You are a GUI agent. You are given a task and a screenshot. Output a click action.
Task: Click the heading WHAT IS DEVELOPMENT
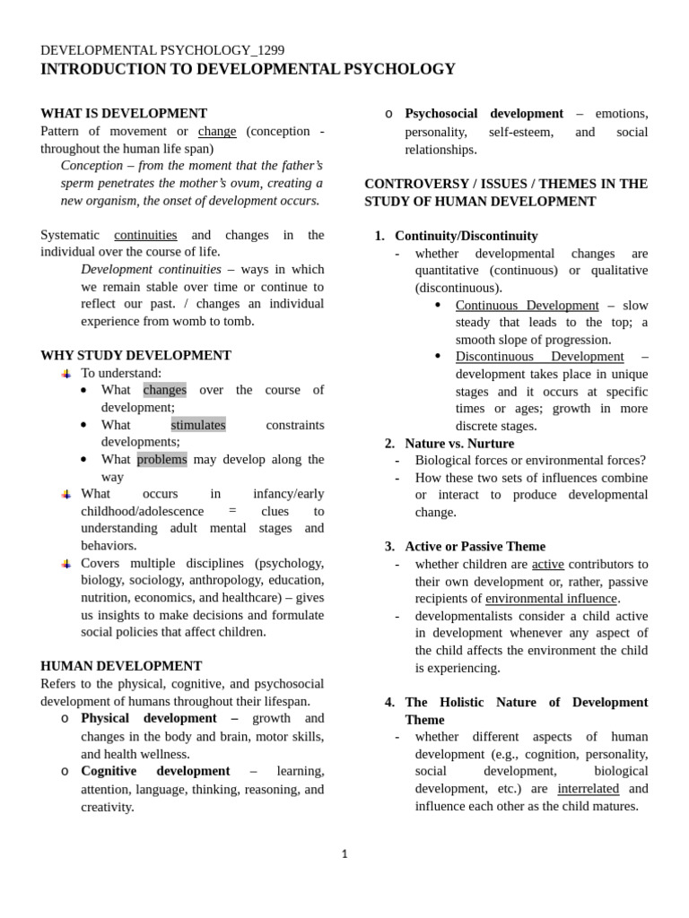[x=124, y=114]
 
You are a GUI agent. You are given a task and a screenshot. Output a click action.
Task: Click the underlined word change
[x=217, y=131]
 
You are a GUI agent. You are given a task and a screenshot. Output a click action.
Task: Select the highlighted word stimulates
[x=198, y=425]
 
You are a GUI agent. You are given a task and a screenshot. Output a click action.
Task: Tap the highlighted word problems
[x=161, y=460]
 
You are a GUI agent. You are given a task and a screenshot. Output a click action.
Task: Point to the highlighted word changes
[x=164, y=390]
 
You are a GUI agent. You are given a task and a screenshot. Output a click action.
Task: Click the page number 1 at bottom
[x=344, y=854]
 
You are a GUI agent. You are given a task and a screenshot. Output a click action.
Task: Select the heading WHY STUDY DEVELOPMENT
[x=135, y=356]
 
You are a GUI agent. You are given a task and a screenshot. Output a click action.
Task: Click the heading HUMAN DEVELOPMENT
[x=121, y=666]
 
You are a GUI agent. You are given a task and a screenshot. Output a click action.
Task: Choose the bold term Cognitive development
[x=155, y=771]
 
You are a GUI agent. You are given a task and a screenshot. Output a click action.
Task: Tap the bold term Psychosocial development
[x=484, y=114]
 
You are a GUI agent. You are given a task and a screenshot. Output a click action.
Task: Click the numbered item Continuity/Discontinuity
[x=466, y=236]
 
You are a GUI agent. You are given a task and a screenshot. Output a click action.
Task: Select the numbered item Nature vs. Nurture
[x=459, y=444]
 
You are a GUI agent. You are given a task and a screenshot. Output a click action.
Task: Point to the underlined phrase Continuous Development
[x=527, y=306]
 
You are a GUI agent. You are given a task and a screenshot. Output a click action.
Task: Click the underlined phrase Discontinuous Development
[x=539, y=357]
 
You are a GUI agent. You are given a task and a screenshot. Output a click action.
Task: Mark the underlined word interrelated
[x=588, y=789]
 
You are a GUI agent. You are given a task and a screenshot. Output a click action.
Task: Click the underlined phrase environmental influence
[x=551, y=599]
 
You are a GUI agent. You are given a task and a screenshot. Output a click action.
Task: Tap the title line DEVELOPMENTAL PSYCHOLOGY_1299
[x=162, y=50]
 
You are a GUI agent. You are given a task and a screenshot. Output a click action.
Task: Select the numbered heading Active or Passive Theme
[x=475, y=547]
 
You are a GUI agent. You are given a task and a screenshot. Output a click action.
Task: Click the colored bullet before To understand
[x=65, y=373]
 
